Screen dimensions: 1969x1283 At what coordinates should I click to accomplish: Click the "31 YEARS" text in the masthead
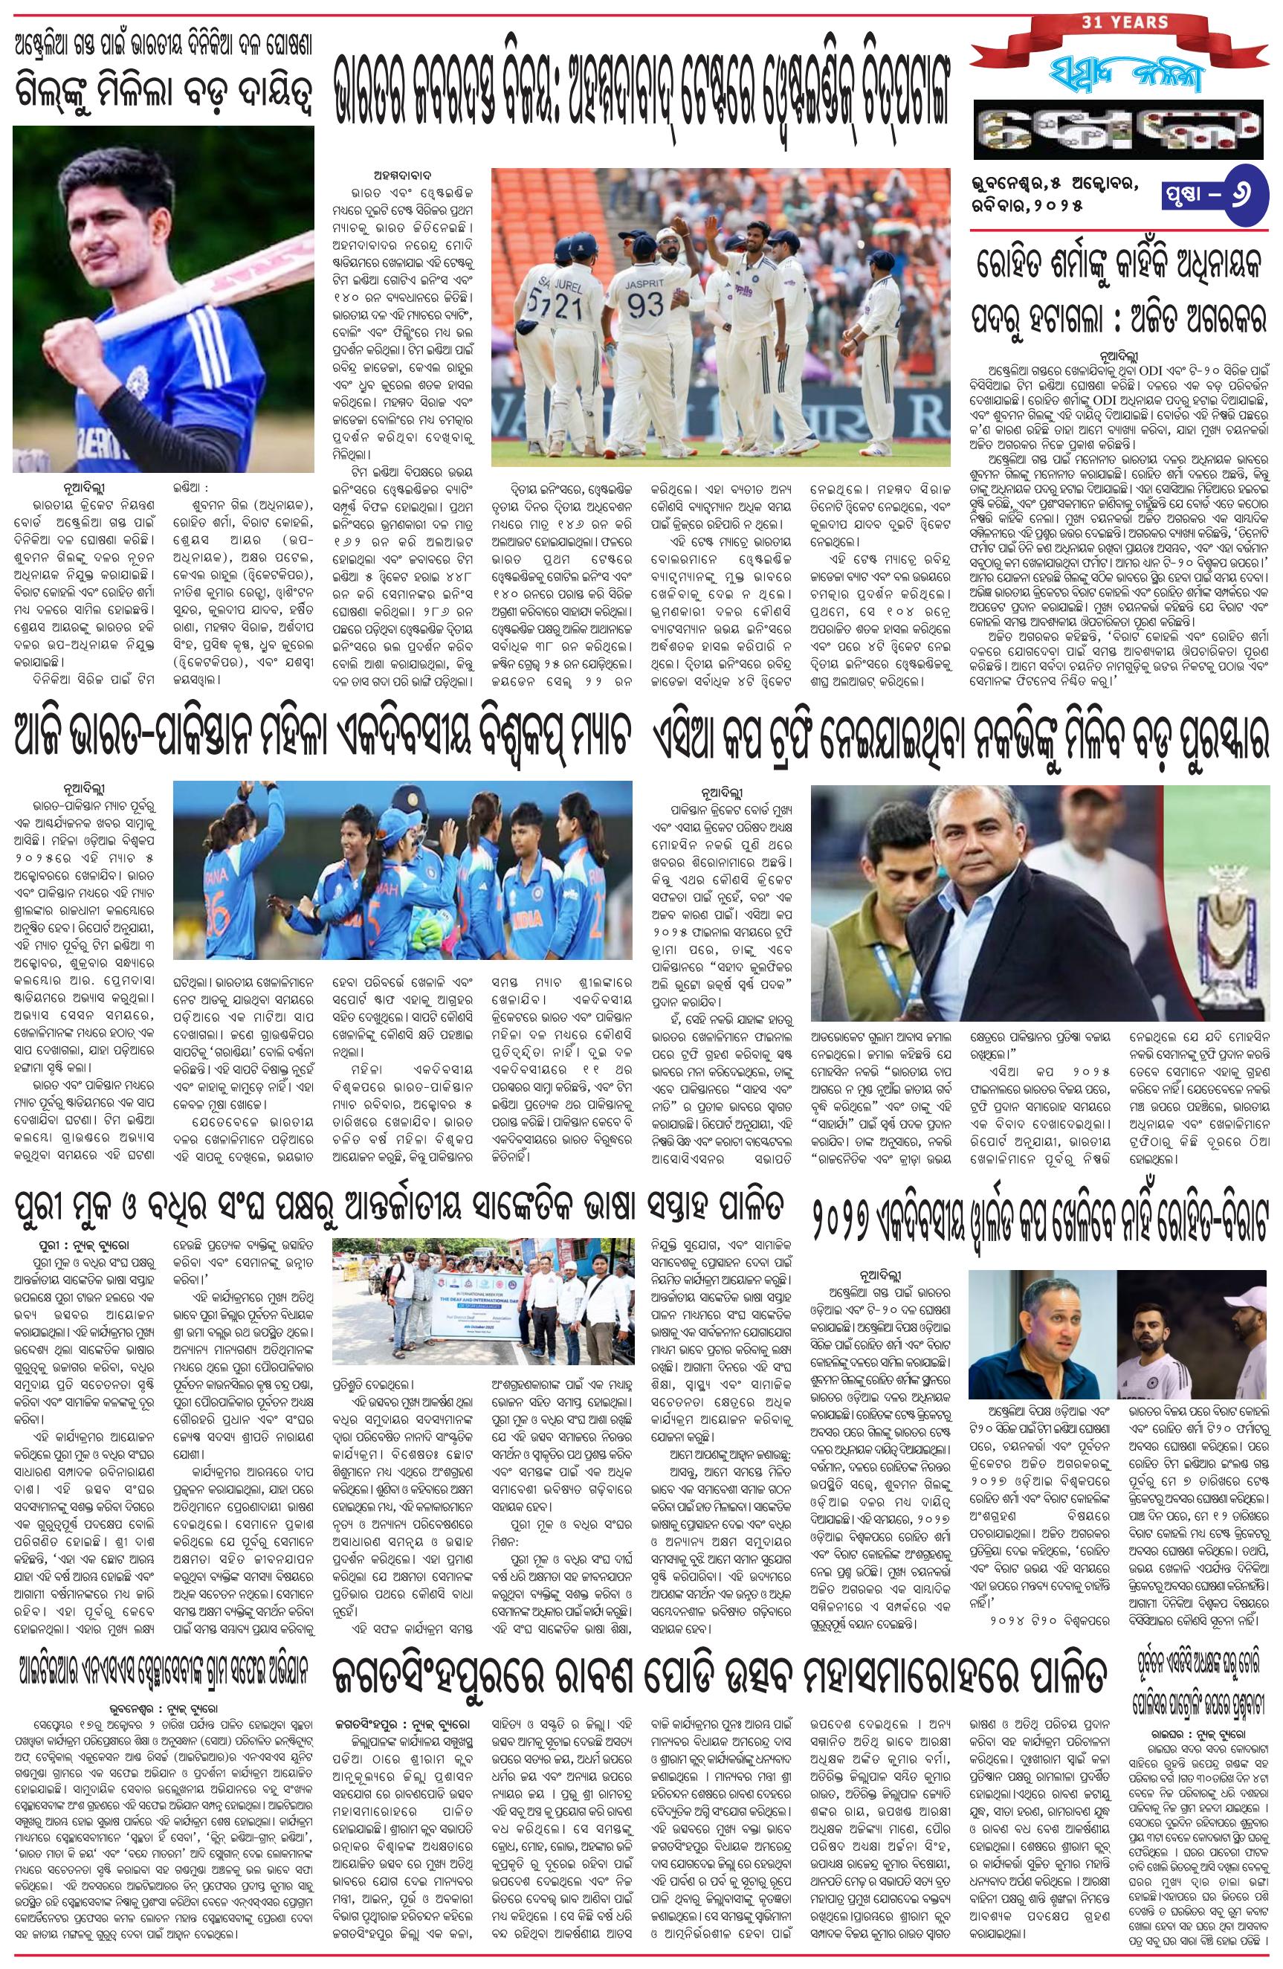[x=1120, y=22]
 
